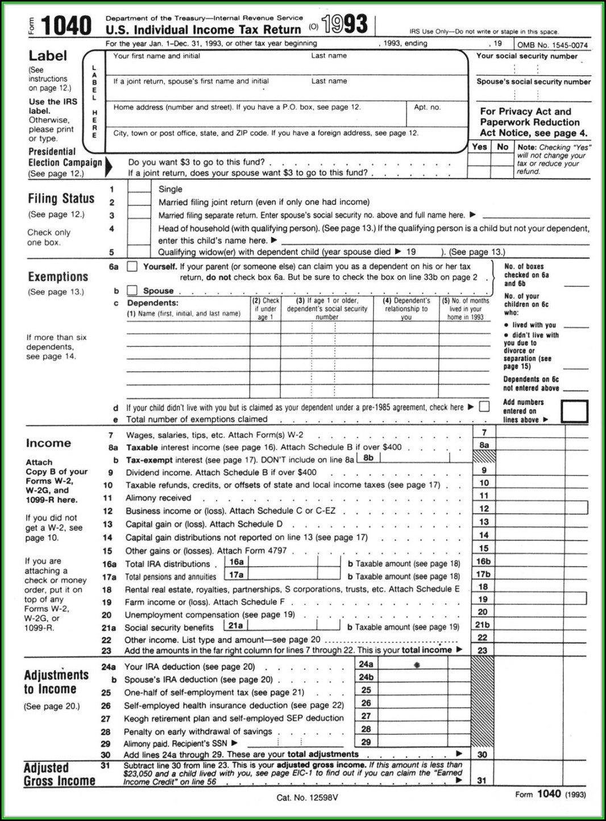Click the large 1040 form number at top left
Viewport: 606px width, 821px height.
(x=66, y=26)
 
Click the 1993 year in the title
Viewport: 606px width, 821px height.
(x=344, y=24)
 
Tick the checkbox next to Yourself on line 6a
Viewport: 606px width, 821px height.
(x=132, y=266)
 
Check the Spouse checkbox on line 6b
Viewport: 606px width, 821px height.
(x=132, y=290)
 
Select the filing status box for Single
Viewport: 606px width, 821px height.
(x=139, y=188)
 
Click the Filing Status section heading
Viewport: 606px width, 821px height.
(x=61, y=199)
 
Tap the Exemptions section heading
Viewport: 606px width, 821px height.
(x=58, y=277)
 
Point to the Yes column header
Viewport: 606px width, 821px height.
(x=479, y=147)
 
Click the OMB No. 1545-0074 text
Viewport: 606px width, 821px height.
(x=552, y=45)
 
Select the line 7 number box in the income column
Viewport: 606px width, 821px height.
(x=484, y=433)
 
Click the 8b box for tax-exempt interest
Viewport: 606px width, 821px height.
(x=368, y=458)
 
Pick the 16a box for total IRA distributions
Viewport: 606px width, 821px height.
(x=236, y=562)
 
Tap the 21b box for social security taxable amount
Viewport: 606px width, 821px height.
(x=483, y=625)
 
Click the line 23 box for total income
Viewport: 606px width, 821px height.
(x=483, y=650)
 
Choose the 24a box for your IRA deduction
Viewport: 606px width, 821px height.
(x=366, y=665)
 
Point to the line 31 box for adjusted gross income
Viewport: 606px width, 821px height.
(x=482, y=780)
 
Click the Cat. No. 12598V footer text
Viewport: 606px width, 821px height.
(x=307, y=798)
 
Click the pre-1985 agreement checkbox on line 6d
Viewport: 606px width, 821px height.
(x=484, y=406)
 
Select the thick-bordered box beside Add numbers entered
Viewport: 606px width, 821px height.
(x=574, y=411)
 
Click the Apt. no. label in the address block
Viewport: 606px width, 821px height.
(x=427, y=107)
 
